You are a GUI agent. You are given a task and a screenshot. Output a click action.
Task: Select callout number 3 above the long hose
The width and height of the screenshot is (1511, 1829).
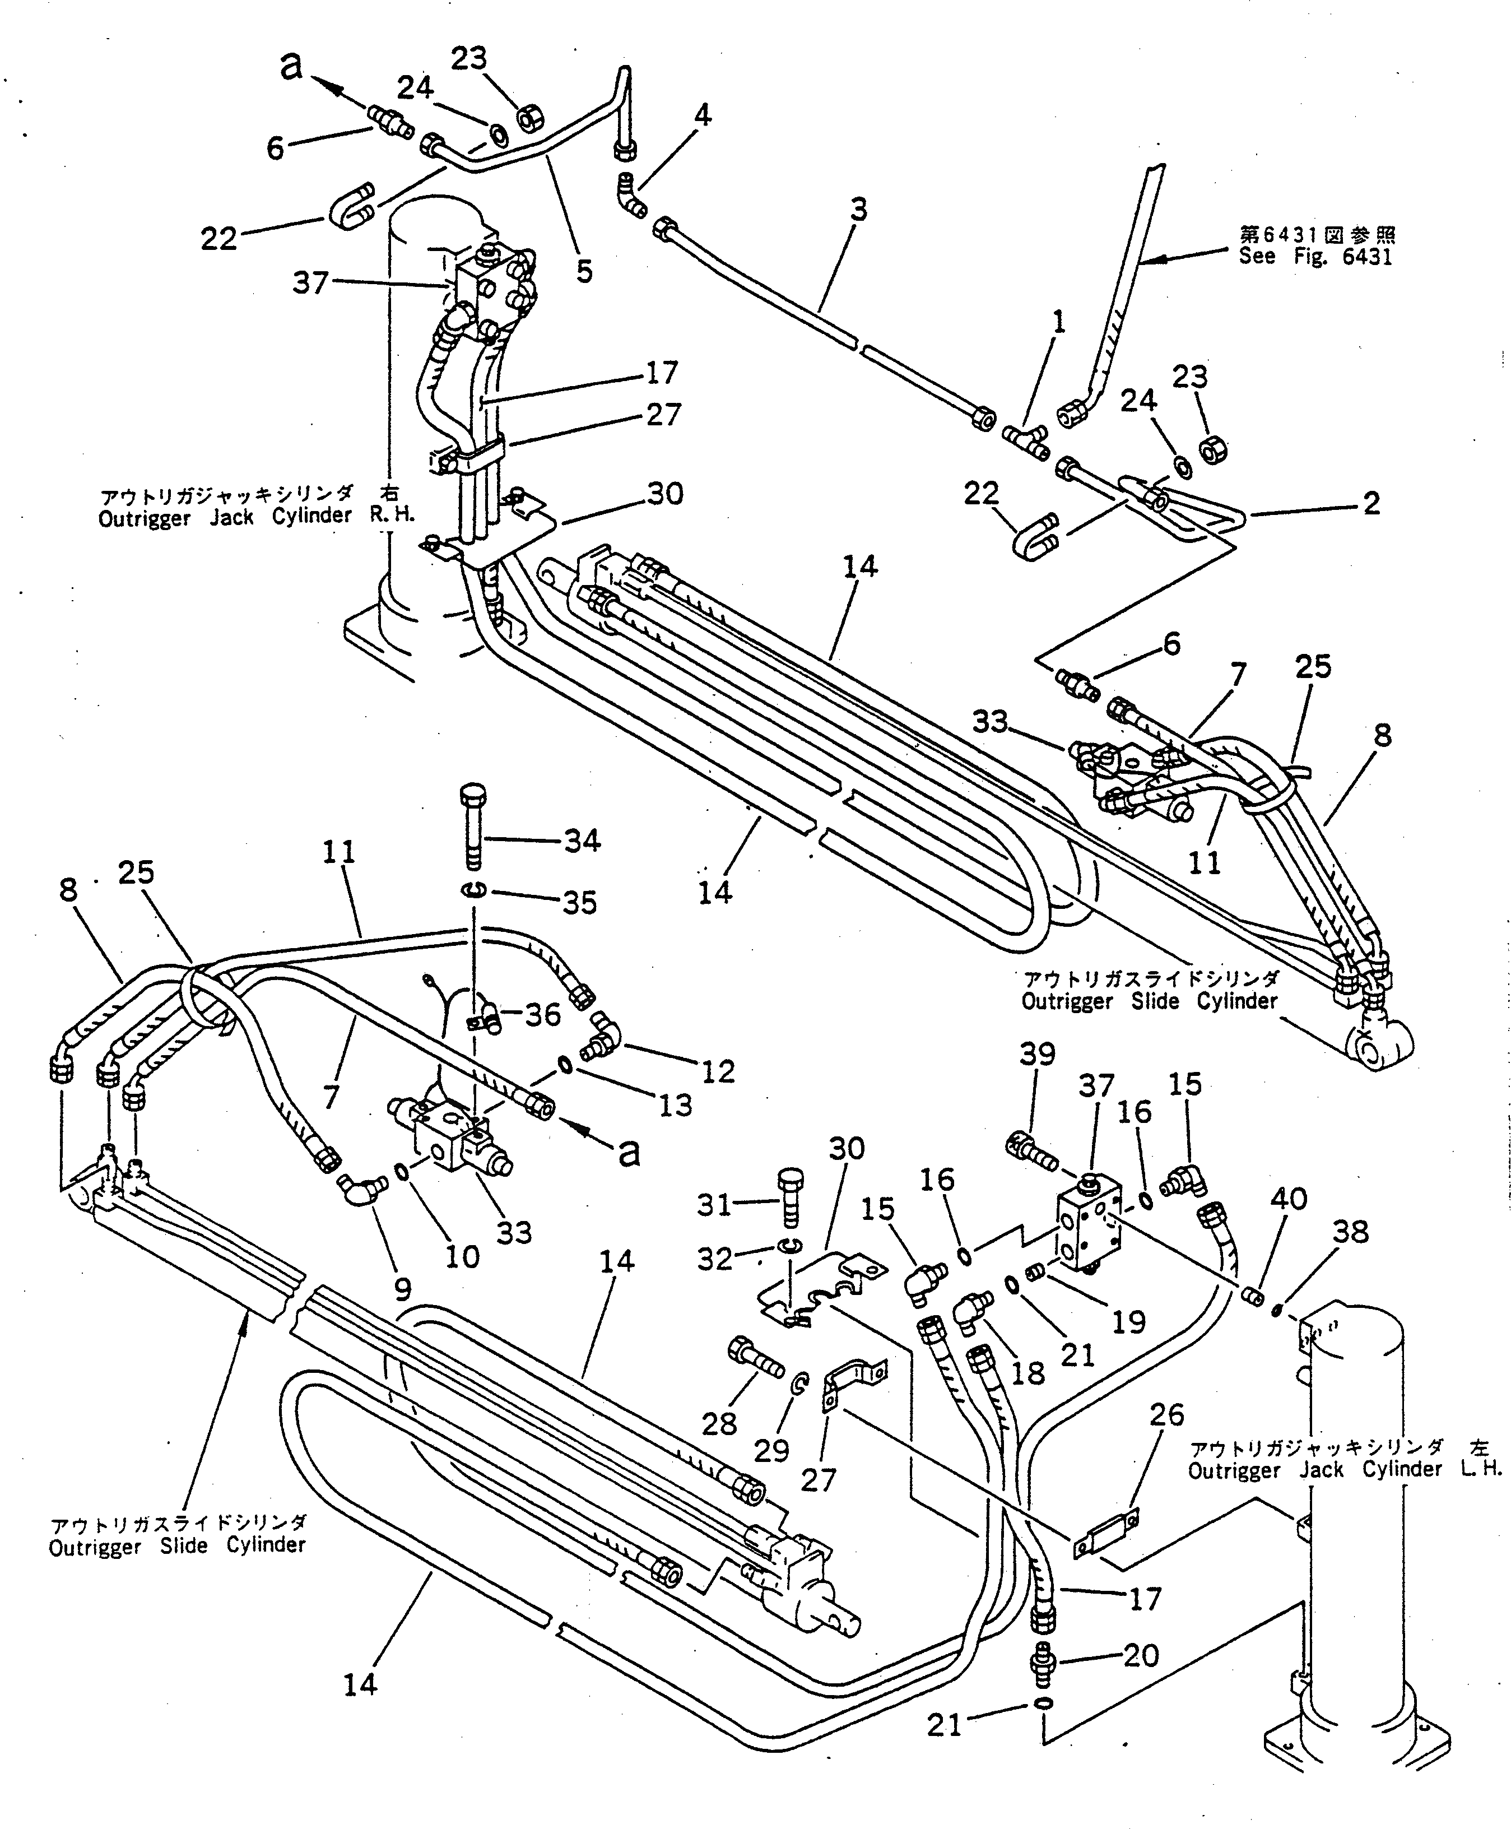(x=858, y=210)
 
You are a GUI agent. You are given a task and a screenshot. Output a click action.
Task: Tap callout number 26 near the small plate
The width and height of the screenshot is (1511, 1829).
(x=1166, y=1415)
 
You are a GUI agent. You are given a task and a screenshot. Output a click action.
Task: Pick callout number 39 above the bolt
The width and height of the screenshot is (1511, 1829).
(x=1036, y=1054)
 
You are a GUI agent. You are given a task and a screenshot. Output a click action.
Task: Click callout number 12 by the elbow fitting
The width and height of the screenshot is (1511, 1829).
(x=718, y=1071)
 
